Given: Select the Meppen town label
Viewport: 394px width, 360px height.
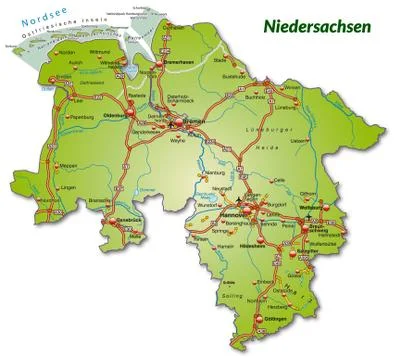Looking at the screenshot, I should (41, 167).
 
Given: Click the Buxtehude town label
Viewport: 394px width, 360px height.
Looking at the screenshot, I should (233, 76).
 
